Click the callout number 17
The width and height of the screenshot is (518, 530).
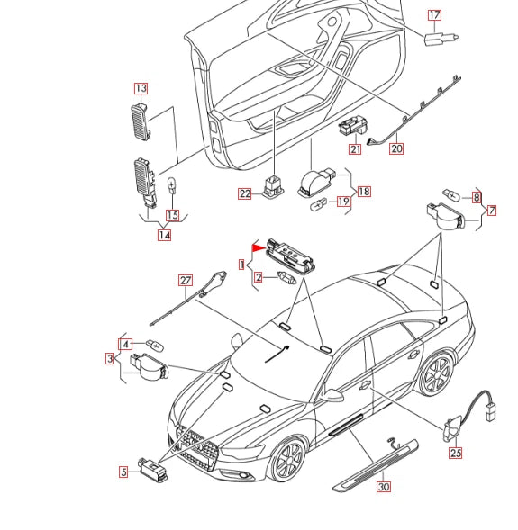point(434,15)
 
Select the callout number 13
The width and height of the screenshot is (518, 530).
point(141,88)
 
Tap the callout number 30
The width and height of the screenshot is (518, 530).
point(384,487)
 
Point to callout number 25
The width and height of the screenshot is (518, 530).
point(455,453)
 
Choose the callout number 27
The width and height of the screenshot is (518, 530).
point(186,280)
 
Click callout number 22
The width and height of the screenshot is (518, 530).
point(245,193)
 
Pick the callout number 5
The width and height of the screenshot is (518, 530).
point(123,471)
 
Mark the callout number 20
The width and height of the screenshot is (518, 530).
point(396,149)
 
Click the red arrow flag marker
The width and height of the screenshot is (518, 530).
point(258,245)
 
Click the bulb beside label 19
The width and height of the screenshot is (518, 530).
point(318,203)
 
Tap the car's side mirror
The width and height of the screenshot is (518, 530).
point(334,395)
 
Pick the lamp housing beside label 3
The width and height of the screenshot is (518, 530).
point(149,365)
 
